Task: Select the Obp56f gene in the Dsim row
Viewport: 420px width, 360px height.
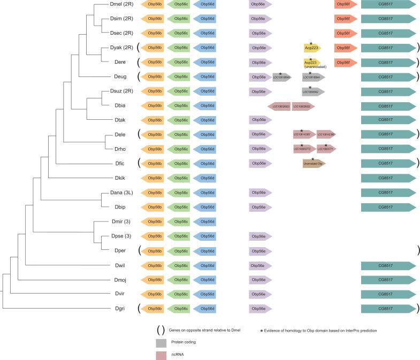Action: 346,19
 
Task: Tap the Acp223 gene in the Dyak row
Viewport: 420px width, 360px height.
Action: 312,48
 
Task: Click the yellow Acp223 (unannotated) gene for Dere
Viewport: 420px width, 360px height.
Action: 312,62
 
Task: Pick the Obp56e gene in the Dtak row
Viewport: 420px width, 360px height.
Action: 261,120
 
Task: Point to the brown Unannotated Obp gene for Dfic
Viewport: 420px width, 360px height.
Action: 314,163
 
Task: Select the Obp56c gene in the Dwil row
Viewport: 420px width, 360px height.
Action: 178,265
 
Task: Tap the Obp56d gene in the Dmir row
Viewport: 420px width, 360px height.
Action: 204,221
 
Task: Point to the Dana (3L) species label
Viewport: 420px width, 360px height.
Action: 120,192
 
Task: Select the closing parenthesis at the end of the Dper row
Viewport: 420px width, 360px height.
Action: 417,250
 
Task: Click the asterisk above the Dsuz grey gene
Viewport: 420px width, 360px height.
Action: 310,87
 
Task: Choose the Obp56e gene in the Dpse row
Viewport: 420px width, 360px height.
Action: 261,235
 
